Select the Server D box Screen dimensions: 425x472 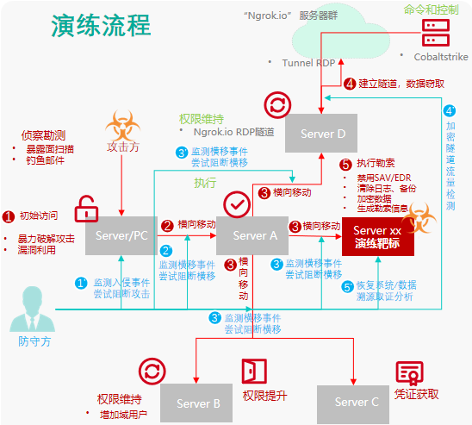pyautogui.click(x=322, y=134)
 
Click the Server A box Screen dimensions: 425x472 pyautogui.click(x=250, y=235)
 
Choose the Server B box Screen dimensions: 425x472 pyautogui.click(x=198, y=403)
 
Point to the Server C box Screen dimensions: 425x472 pyautogui.click(x=356, y=402)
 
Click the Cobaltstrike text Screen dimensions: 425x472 pyautogui.click(x=440, y=56)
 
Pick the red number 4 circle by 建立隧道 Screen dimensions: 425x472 pyautogui.click(x=349, y=84)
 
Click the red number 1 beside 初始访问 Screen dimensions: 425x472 pyautogui.click(x=9, y=216)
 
